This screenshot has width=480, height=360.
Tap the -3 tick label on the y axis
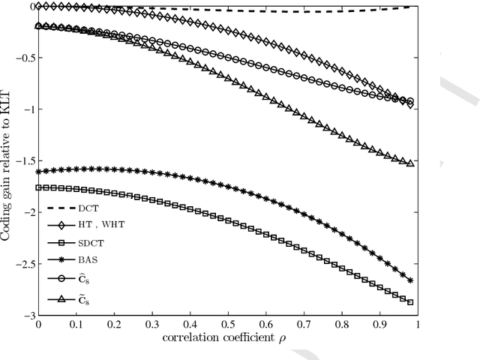point(28,316)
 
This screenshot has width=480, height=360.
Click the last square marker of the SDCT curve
point(410,302)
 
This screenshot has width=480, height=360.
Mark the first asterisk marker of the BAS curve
point(38,172)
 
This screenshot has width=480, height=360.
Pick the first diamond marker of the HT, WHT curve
point(38,6)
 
